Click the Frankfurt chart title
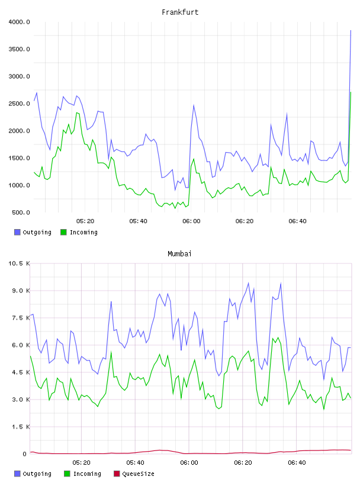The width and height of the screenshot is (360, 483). (x=180, y=12)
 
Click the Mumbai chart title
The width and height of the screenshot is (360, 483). (x=179, y=254)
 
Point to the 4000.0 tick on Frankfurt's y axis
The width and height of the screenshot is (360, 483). (x=19, y=22)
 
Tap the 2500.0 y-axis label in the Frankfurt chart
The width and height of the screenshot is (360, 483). (x=19, y=104)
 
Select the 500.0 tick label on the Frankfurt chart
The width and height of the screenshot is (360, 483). (x=21, y=212)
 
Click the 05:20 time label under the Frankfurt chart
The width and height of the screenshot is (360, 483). (x=85, y=221)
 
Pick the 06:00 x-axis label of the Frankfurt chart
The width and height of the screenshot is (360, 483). (x=191, y=221)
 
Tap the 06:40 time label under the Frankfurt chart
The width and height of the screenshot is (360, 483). (x=297, y=221)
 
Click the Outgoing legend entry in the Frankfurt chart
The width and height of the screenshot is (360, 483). (x=33, y=232)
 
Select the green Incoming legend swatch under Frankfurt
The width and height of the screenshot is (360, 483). (x=63, y=232)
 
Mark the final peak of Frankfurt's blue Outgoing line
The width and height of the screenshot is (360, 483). (x=351, y=31)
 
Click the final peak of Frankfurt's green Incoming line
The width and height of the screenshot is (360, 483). (x=351, y=92)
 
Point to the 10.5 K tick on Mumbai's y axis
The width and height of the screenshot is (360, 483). (x=19, y=263)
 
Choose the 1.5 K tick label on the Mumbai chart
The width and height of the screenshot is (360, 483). (x=21, y=427)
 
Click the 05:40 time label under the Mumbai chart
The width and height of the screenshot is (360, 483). (x=136, y=463)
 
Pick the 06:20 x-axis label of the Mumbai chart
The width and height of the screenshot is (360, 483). (x=243, y=463)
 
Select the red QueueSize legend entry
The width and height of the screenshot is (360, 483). (x=134, y=474)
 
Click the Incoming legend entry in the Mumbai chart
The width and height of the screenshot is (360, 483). (x=83, y=474)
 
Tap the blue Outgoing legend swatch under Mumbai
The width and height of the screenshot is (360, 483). (x=17, y=474)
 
